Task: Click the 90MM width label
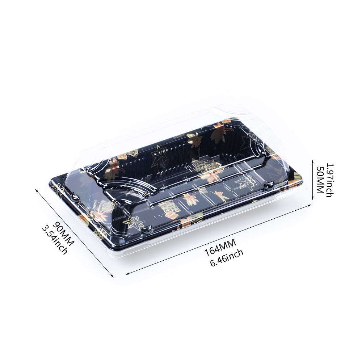coord(63,231)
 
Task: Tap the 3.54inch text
coord(55,240)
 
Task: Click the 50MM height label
coord(320,180)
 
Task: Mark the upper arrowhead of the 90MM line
coord(37,190)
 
